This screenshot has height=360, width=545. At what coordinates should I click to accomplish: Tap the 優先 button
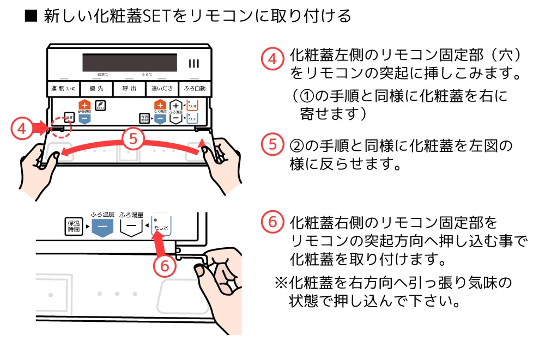(96, 88)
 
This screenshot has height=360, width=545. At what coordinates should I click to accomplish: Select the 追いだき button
(161, 88)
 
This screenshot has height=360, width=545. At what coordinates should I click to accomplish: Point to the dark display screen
(130, 62)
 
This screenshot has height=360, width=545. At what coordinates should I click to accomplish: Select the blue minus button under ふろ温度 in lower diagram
(101, 228)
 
